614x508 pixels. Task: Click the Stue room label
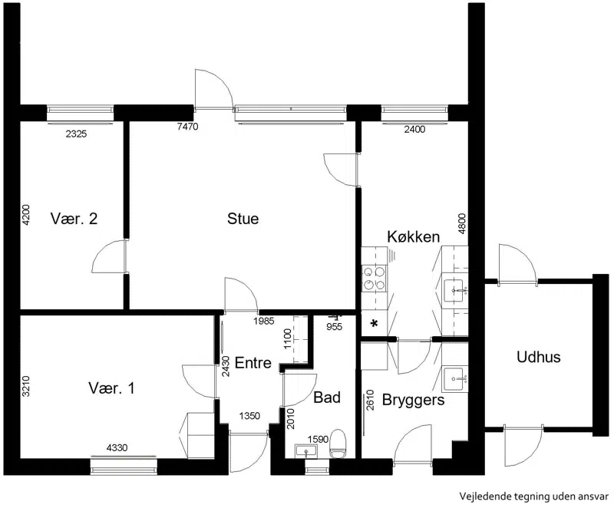point(243,219)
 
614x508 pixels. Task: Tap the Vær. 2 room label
point(74,219)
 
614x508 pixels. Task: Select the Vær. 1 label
point(111,388)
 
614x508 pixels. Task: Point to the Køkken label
point(414,237)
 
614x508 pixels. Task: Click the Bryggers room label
point(414,401)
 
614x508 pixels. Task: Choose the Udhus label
point(539,357)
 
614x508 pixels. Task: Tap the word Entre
point(253,363)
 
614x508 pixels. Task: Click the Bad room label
point(327,397)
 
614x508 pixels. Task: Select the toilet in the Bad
point(338,444)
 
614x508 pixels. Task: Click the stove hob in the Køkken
point(374,279)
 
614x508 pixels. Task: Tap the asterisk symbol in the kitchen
point(375,323)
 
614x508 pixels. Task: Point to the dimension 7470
point(187,127)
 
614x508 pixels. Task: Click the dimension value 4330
point(117,447)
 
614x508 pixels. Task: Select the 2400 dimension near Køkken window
point(414,129)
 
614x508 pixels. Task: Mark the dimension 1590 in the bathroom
point(318,440)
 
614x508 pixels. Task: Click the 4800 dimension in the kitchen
point(462,224)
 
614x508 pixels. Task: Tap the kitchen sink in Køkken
point(455,290)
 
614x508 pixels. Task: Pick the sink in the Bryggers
point(455,379)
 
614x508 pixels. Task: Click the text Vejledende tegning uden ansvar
point(534,496)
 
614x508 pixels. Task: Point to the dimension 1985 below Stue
point(264,322)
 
